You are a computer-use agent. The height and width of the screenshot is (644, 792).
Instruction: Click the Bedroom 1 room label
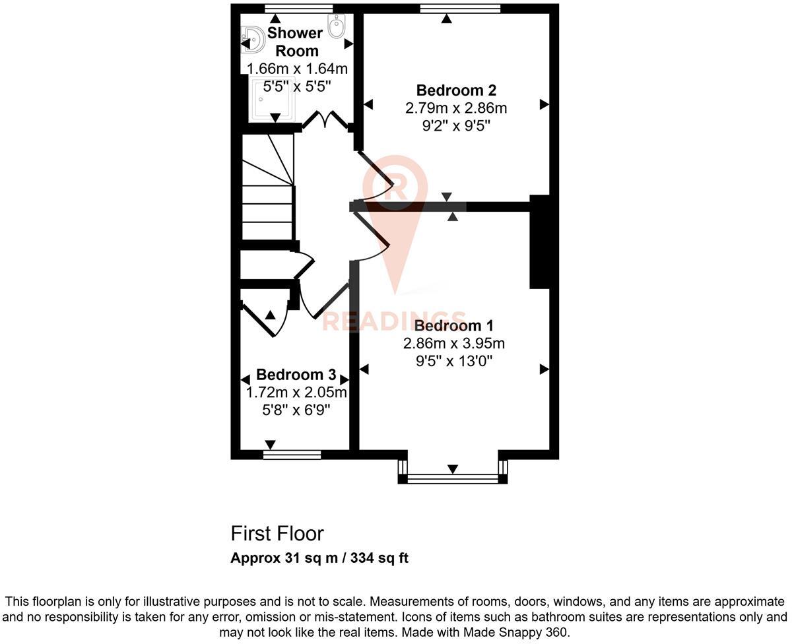click(x=453, y=325)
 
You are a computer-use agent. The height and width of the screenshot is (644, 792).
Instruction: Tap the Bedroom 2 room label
click(x=456, y=90)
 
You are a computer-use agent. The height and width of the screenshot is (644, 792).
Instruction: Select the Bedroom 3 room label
click(x=296, y=375)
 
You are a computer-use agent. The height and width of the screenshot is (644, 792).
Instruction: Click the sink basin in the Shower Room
click(x=253, y=39)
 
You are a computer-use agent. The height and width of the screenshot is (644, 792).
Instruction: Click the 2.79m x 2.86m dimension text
click(x=456, y=108)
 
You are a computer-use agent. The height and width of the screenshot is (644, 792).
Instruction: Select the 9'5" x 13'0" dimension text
click(x=454, y=361)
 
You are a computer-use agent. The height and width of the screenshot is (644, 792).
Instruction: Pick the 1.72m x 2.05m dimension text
click(x=296, y=392)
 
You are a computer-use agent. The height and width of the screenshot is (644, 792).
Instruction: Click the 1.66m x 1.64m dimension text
click(x=297, y=69)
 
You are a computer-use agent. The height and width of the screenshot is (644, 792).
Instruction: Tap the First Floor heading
click(x=277, y=534)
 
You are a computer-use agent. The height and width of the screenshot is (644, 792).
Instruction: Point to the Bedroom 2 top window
click(x=460, y=9)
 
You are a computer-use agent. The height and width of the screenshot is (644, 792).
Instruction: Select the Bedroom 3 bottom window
click(x=292, y=455)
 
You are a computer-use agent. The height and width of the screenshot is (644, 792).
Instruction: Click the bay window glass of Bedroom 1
click(x=453, y=479)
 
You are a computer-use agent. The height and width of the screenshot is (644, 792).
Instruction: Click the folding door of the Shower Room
click(x=326, y=119)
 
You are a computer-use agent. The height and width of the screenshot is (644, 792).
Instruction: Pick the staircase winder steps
click(x=268, y=160)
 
